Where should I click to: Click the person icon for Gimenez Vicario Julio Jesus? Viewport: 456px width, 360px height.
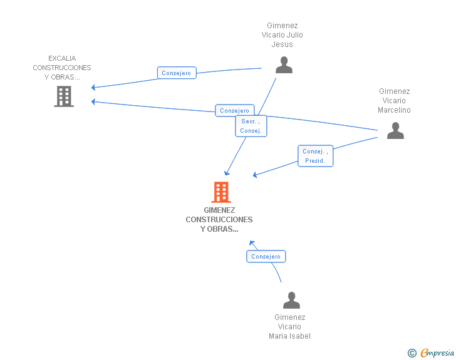[x=284, y=65]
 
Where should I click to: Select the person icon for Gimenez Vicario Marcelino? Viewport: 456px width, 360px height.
[x=395, y=131]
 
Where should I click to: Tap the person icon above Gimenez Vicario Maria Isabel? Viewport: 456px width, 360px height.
[x=291, y=300]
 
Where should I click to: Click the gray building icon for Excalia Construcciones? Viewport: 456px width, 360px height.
[x=64, y=96]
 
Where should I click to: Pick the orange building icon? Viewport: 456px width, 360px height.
[x=221, y=192]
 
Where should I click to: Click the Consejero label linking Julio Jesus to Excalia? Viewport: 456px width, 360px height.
[x=177, y=73]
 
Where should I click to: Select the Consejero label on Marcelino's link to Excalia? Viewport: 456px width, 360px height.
[x=235, y=110]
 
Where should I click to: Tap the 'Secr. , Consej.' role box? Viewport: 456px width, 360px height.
[x=251, y=126]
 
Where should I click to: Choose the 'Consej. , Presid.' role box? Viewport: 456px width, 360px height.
[x=315, y=156]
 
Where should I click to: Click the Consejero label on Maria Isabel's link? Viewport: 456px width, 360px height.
[x=266, y=257]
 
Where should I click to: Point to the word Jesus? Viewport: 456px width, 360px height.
[x=282, y=44]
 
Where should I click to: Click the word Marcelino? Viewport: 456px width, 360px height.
[x=394, y=110]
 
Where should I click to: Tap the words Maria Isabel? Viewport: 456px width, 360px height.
[x=289, y=336]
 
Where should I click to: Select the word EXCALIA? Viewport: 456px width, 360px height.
[x=62, y=58]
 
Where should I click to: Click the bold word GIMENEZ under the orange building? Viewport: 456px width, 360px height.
[x=219, y=210]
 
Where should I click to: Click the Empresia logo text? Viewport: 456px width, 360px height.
[x=437, y=353]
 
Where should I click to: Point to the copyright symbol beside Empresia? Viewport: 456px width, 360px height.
[x=412, y=353]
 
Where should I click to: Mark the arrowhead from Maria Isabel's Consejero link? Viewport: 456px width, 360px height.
[x=252, y=243]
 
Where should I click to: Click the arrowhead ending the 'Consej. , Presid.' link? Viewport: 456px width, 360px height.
[x=255, y=175]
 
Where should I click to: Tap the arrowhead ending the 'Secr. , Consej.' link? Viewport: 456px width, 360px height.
[x=227, y=173]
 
